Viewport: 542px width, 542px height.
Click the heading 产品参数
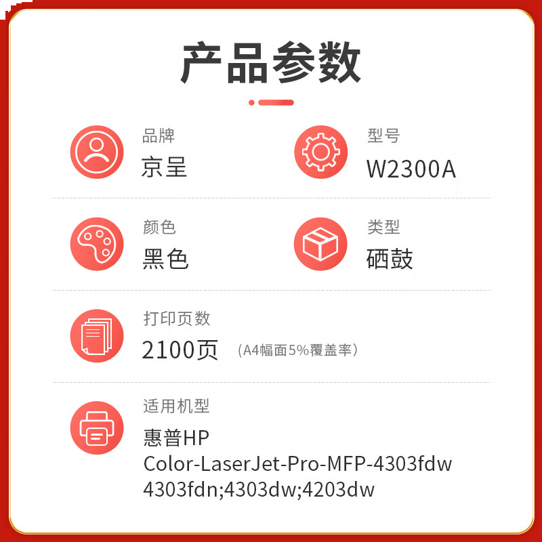[x=271, y=63]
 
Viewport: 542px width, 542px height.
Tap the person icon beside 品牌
[x=97, y=152]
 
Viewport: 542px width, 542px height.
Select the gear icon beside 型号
[x=320, y=152]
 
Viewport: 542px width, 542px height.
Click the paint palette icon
[x=97, y=244]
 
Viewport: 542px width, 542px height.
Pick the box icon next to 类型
[x=320, y=244]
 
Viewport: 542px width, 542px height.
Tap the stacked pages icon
[x=97, y=335]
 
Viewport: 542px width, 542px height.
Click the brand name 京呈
[x=165, y=167]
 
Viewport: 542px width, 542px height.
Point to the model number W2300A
[x=411, y=169]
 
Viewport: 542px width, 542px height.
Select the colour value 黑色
[x=165, y=259]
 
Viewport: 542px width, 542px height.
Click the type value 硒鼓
[x=390, y=259]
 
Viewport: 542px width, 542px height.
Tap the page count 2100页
[x=180, y=350]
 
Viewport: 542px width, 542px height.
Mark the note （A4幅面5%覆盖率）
[x=297, y=350]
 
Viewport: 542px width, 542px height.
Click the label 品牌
[x=158, y=136]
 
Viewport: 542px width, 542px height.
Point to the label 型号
[x=383, y=136]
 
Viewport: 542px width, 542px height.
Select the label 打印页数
[x=176, y=318]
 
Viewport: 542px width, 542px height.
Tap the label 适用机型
[x=176, y=406]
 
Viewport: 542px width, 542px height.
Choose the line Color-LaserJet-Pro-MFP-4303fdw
[x=297, y=464]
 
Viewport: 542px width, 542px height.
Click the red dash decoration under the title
[x=272, y=102]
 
